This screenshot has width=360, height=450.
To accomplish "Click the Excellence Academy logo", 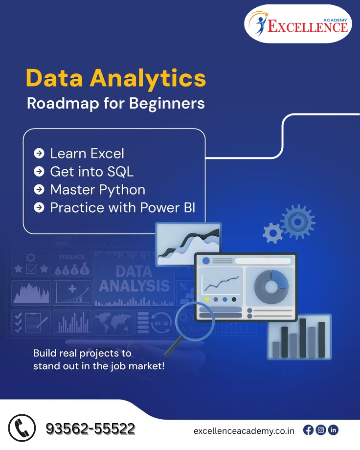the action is pyautogui.click(x=298, y=24).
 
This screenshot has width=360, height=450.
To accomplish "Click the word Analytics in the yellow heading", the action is pyautogui.click(x=148, y=78).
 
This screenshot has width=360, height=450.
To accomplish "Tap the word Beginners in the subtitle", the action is pyautogui.click(x=167, y=103).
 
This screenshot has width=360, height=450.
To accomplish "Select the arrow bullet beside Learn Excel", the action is pyautogui.click(x=39, y=153).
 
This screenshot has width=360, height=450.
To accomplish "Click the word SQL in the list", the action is pyautogui.click(x=121, y=172).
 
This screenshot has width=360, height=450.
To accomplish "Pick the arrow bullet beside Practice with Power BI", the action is pyautogui.click(x=39, y=207).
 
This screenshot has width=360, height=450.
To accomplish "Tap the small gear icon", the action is pyautogui.click(x=273, y=233).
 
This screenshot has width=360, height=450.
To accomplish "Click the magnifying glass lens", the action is pyautogui.click(x=195, y=319).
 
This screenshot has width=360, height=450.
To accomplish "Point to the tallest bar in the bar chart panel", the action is pyautogui.click(x=303, y=338).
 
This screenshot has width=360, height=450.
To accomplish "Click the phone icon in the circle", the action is pyautogui.click(x=22, y=428).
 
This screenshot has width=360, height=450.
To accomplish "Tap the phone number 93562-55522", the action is pyautogui.click(x=90, y=429).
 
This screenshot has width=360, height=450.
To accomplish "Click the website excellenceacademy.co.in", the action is pyautogui.click(x=244, y=431).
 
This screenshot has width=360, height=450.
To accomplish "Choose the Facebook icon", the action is pyautogui.click(x=308, y=430).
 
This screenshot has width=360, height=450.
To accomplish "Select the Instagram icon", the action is pyautogui.click(x=321, y=430).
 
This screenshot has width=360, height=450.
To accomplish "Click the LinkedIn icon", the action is pyautogui.click(x=333, y=430).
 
